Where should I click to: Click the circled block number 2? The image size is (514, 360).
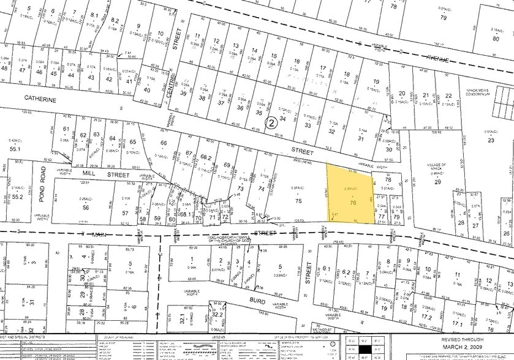pos(271,123)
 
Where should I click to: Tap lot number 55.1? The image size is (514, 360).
pos(15,148)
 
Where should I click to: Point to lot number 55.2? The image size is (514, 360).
pos(17,197)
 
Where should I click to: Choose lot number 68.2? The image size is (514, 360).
pos(206,157)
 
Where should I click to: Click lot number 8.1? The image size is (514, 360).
pos(94,16)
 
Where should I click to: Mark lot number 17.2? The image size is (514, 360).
pos(425,317)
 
